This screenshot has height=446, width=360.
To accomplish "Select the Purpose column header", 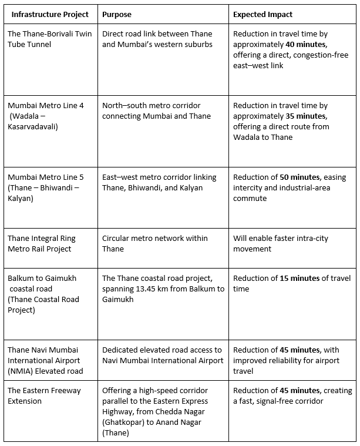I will pos(117,14).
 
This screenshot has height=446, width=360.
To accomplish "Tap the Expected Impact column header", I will pos(264,14).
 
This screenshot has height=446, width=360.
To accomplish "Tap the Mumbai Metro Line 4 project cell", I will pos(45,116).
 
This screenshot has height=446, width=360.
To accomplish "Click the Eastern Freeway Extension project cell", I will pos(44,396).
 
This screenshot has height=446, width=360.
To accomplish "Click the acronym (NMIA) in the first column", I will pos(21,371).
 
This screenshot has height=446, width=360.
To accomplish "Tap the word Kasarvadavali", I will pos(35,127).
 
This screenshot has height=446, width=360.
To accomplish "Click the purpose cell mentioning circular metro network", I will pos(155,243).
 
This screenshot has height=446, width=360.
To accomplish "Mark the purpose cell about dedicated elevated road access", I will pos(162,356).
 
